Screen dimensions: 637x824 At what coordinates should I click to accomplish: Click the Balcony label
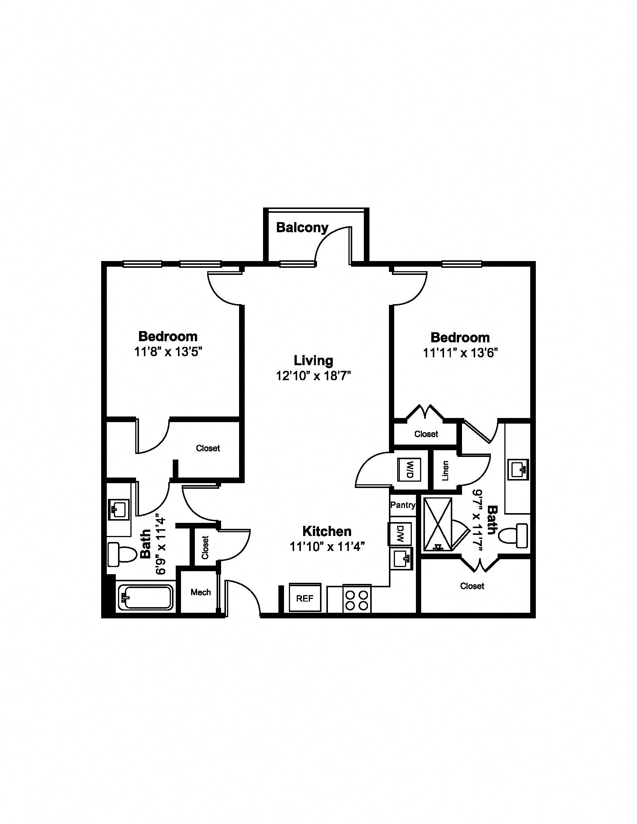[x=302, y=228]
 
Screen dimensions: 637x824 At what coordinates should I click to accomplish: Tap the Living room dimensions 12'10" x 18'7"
[x=314, y=376]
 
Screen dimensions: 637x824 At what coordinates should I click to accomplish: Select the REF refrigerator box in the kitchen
[x=305, y=598]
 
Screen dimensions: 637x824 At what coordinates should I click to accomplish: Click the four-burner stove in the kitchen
[x=357, y=599]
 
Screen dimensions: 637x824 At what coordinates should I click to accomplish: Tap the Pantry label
[x=403, y=505]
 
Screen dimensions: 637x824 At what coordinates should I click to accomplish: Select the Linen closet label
[x=446, y=470]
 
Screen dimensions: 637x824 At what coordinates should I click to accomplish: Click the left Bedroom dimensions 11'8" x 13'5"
[x=168, y=352]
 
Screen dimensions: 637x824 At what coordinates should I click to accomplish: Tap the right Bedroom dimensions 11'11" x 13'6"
[x=461, y=353]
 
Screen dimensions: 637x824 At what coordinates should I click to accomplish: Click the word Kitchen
[x=327, y=531]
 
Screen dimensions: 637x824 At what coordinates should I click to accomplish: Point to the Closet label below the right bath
[x=472, y=586]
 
